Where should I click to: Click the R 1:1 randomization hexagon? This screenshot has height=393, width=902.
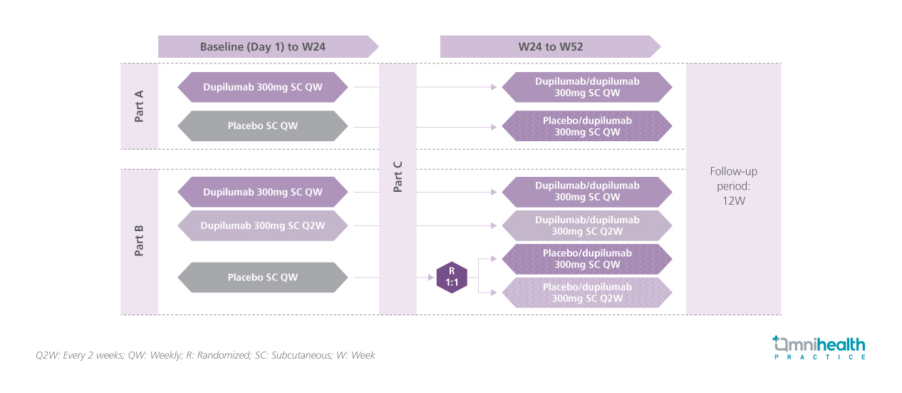click(x=452, y=277)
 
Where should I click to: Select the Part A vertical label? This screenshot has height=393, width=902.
click(x=140, y=106)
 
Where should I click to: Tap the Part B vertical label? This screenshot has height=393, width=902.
click(x=140, y=241)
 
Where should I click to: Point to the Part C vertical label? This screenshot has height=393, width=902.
click(x=398, y=176)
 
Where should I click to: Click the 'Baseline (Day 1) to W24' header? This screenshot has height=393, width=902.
click(x=264, y=47)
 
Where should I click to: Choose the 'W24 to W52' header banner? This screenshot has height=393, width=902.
click(x=546, y=47)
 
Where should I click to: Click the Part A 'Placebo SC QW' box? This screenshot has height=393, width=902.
click(x=263, y=126)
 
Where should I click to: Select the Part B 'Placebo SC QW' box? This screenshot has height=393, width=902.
click(x=263, y=277)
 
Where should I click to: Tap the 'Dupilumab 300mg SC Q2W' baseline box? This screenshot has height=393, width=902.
click(x=263, y=226)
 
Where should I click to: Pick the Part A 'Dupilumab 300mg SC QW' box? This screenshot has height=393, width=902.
click(x=263, y=88)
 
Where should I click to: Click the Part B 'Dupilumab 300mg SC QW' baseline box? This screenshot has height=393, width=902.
click(x=263, y=192)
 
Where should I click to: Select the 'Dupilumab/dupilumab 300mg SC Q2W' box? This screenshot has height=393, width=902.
click(x=587, y=226)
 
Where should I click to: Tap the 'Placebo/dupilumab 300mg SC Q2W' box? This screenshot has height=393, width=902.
click(x=587, y=292)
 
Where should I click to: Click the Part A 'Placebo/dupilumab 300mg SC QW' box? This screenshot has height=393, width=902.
click(x=587, y=126)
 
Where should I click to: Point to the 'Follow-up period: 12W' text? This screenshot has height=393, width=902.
click(x=733, y=185)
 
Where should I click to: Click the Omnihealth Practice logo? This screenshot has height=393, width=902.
click(x=819, y=347)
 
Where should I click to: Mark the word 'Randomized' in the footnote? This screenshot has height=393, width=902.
click(x=212, y=355)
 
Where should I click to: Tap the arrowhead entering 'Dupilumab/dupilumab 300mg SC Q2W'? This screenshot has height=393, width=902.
click(x=493, y=226)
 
